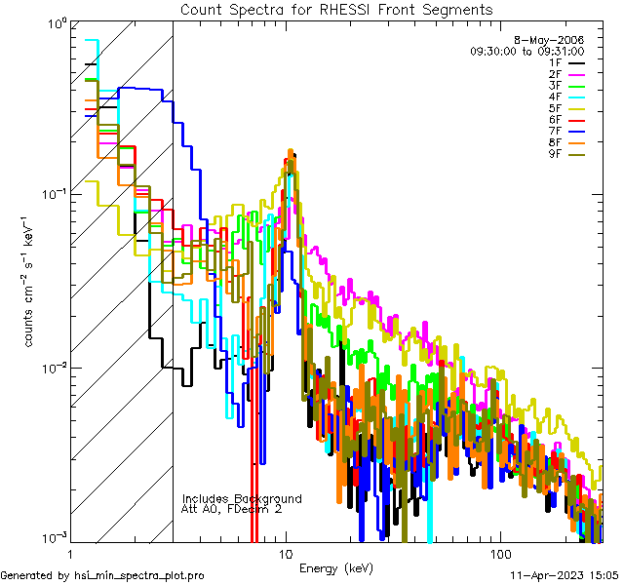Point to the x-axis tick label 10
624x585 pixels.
tap(285, 553)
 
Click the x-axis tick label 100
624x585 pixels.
tap(499, 553)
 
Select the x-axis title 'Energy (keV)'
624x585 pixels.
tap(336, 567)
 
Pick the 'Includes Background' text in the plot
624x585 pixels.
tap(242, 498)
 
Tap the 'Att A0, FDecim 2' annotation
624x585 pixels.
tap(232, 509)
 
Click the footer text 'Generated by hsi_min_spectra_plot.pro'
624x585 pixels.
tap(102, 575)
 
